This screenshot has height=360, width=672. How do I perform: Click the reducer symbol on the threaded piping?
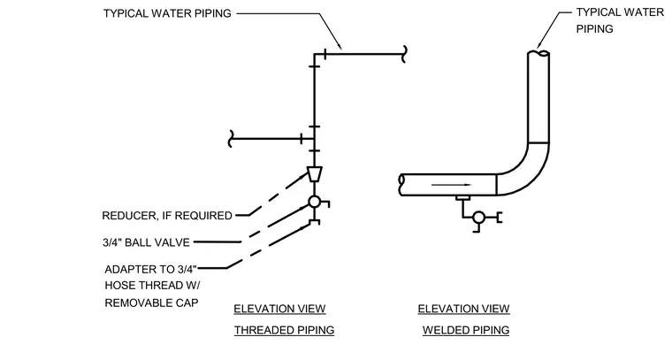315,173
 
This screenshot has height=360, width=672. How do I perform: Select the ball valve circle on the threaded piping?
315,202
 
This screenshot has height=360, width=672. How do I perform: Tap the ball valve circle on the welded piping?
478,218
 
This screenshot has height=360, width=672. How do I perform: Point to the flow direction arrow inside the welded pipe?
451,185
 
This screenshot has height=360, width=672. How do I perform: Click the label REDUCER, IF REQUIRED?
167,216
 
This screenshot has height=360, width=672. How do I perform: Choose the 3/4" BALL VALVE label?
146,242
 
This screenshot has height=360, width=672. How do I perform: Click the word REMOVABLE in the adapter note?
137,303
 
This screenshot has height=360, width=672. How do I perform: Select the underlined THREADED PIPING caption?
284,331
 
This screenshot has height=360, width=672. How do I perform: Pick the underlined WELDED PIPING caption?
466,331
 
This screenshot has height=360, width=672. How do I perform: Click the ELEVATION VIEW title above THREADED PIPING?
280,309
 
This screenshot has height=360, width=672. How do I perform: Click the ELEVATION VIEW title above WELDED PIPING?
463,309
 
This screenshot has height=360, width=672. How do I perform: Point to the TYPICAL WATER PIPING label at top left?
167,13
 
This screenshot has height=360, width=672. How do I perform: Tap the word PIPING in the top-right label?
594,28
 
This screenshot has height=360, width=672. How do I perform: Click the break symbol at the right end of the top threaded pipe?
404,54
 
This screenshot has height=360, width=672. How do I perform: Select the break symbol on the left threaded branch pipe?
231,139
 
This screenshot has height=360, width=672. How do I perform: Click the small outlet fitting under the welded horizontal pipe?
462,198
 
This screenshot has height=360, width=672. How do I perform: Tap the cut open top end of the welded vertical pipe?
538,54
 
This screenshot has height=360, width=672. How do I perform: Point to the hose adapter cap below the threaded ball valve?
315,222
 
